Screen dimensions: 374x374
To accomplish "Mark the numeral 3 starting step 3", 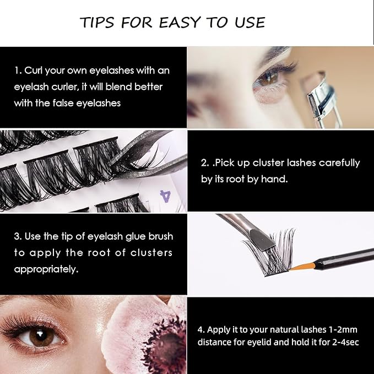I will coord(17,236).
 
